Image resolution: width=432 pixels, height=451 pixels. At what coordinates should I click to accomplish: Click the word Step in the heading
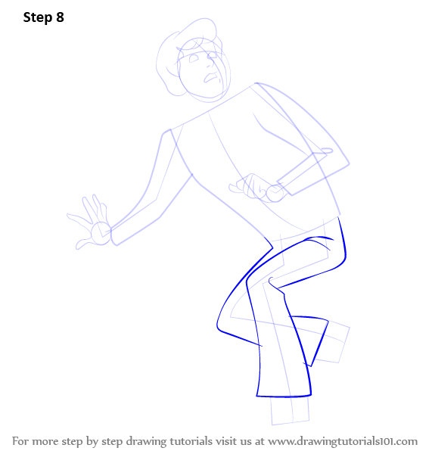pyautogui.click(x=38, y=18)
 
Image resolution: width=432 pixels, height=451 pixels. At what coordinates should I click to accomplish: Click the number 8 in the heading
pyautogui.click(x=60, y=17)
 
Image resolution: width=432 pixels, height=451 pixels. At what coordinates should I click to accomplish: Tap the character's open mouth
pyautogui.click(x=211, y=78)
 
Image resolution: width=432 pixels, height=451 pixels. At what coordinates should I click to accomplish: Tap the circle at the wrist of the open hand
pyautogui.click(x=101, y=233)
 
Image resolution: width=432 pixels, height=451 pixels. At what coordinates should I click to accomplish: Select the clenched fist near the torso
pyautogui.click(x=250, y=186)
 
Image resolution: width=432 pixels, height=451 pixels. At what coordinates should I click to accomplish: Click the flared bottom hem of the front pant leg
pyautogui.click(x=284, y=397)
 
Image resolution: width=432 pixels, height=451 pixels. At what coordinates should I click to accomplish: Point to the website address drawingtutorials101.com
pyautogui.click(x=343, y=441)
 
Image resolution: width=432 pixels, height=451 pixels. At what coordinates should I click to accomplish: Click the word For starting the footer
pyautogui.click(x=20, y=441)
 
